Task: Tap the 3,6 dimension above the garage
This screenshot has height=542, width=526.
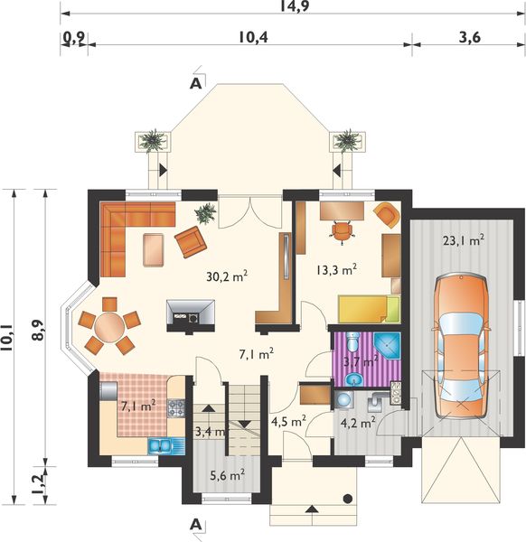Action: point(470,37)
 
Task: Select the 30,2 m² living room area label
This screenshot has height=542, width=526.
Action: point(227,276)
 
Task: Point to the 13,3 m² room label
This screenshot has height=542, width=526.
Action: point(336,269)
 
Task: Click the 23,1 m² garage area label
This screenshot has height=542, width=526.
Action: point(464,240)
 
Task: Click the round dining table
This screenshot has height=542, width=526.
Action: point(109,327)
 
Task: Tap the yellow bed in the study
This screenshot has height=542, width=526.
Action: point(369,309)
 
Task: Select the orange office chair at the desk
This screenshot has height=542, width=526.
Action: point(342,231)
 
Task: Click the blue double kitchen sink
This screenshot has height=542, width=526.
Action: point(159,446)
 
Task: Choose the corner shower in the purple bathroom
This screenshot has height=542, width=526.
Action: point(387,347)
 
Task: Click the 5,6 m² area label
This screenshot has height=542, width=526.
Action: point(228,476)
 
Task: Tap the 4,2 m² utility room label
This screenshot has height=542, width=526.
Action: point(358,423)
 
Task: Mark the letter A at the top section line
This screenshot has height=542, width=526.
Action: point(196,84)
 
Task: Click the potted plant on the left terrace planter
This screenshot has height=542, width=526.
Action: point(152,140)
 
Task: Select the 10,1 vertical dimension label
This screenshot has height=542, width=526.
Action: point(7,338)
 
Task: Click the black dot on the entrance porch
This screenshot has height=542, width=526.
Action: point(348,499)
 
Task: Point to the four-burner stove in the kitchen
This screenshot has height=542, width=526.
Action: point(176,408)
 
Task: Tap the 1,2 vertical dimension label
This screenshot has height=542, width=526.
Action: point(39,484)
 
